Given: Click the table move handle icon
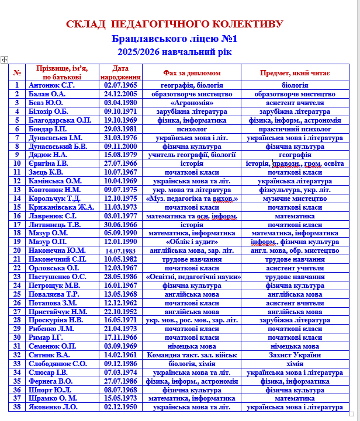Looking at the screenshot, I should [x=4, y=60].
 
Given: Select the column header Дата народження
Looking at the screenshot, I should [x=120, y=72].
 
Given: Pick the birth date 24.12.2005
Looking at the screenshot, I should [x=120, y=93].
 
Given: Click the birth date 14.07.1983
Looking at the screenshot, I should [x=120, y=250].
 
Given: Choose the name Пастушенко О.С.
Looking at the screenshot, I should [x=57, y=277].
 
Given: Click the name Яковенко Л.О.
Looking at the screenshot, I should [x=54, y=407].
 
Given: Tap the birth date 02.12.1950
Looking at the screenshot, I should [x=120, y=407].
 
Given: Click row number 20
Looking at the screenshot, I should [x=18, y=250].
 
